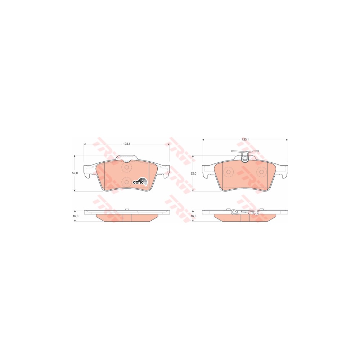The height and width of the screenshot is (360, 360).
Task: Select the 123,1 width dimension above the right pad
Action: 245,139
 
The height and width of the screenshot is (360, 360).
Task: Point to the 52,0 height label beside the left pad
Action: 75,173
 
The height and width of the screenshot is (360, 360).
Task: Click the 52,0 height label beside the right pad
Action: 194,174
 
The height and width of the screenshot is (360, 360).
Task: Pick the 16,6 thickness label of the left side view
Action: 75,216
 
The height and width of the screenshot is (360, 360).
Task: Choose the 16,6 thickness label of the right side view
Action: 194,216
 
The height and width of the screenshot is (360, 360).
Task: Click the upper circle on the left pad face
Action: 126,167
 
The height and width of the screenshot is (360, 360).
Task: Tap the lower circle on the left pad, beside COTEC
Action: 126,182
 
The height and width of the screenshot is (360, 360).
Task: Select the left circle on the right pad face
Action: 229,172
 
